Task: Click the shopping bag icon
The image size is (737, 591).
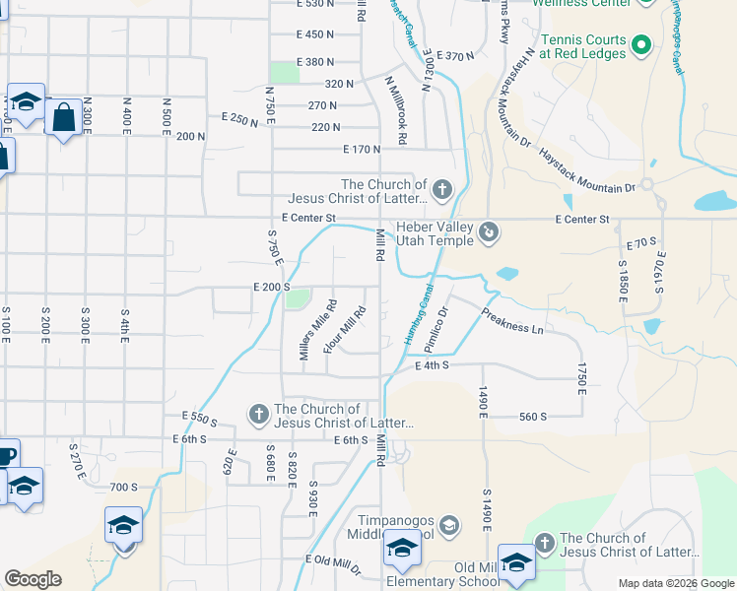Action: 63,118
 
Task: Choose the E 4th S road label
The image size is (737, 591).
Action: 432,365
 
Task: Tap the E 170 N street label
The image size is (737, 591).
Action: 362,150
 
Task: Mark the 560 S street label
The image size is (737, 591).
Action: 532,417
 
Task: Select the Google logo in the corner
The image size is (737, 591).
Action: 33,579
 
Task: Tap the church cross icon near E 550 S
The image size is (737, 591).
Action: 259,414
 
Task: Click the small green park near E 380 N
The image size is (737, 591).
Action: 285,72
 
